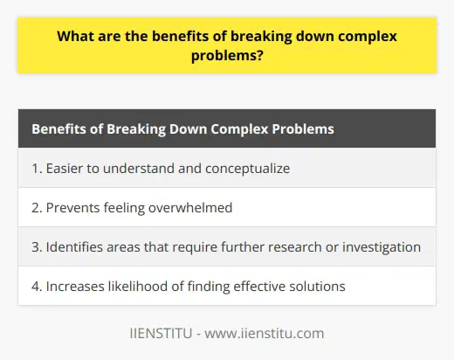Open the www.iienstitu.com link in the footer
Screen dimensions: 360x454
pos(259,333)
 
